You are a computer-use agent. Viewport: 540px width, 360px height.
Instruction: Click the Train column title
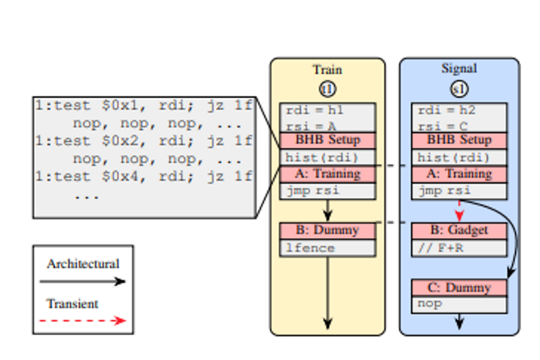(327, 70)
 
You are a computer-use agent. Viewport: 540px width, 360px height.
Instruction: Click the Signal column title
(459, 69)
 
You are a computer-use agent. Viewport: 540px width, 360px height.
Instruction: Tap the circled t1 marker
(327, 88)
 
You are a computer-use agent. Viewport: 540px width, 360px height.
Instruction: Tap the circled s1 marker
(459, 88)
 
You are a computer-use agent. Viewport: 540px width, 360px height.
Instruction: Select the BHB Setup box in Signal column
(459, 141)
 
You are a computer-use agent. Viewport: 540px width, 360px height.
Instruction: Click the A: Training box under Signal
(459, 174)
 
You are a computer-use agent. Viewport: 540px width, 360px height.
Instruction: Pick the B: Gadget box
(459, 230)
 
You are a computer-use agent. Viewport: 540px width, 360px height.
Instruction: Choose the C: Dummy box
(459, 288)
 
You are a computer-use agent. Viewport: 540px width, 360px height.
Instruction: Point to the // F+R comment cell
(459, 247)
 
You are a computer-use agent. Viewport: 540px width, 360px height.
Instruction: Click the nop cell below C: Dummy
(459, 304)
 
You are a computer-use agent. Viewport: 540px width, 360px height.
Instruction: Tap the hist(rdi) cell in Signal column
(459, 157)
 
